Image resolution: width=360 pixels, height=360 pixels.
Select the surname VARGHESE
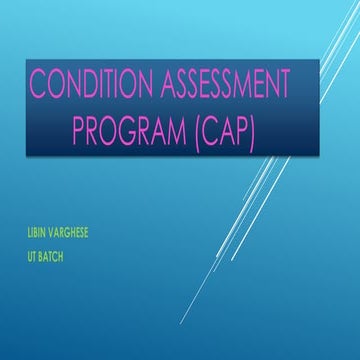click(x=75, y=233)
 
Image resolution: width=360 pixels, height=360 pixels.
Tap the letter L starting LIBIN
click(x=29, y=233)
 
